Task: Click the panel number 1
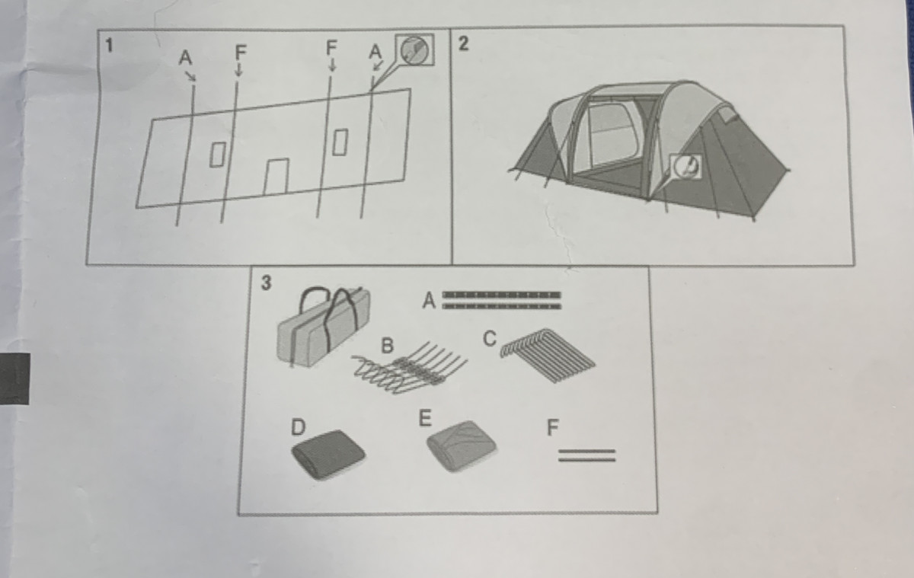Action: coord(108,46)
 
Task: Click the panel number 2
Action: coord(463,43)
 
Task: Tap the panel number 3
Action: coord(266,283)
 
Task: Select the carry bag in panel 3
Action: coord(324,327)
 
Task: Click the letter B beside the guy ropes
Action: coord(387,346)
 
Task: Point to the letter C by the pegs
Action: coord(490,339)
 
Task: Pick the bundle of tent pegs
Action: coord(548,355)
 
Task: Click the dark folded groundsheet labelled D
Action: coord(328,454)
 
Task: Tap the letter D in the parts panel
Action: coord(298,427)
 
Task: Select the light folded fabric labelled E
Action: coord(462,445)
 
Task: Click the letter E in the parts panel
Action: coord(425,418)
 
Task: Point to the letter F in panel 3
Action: coord(552,427)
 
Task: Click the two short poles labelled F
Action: coord(586,455)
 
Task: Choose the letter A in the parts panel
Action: coord(429,301)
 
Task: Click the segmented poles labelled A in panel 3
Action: coord(501,301)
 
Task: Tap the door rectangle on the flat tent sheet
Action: coord(276,177)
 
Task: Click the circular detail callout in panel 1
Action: coord(414,50)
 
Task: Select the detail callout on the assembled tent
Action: coord(686,167)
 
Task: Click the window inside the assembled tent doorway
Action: coord(613,134)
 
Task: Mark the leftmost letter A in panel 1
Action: coord(185,58)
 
